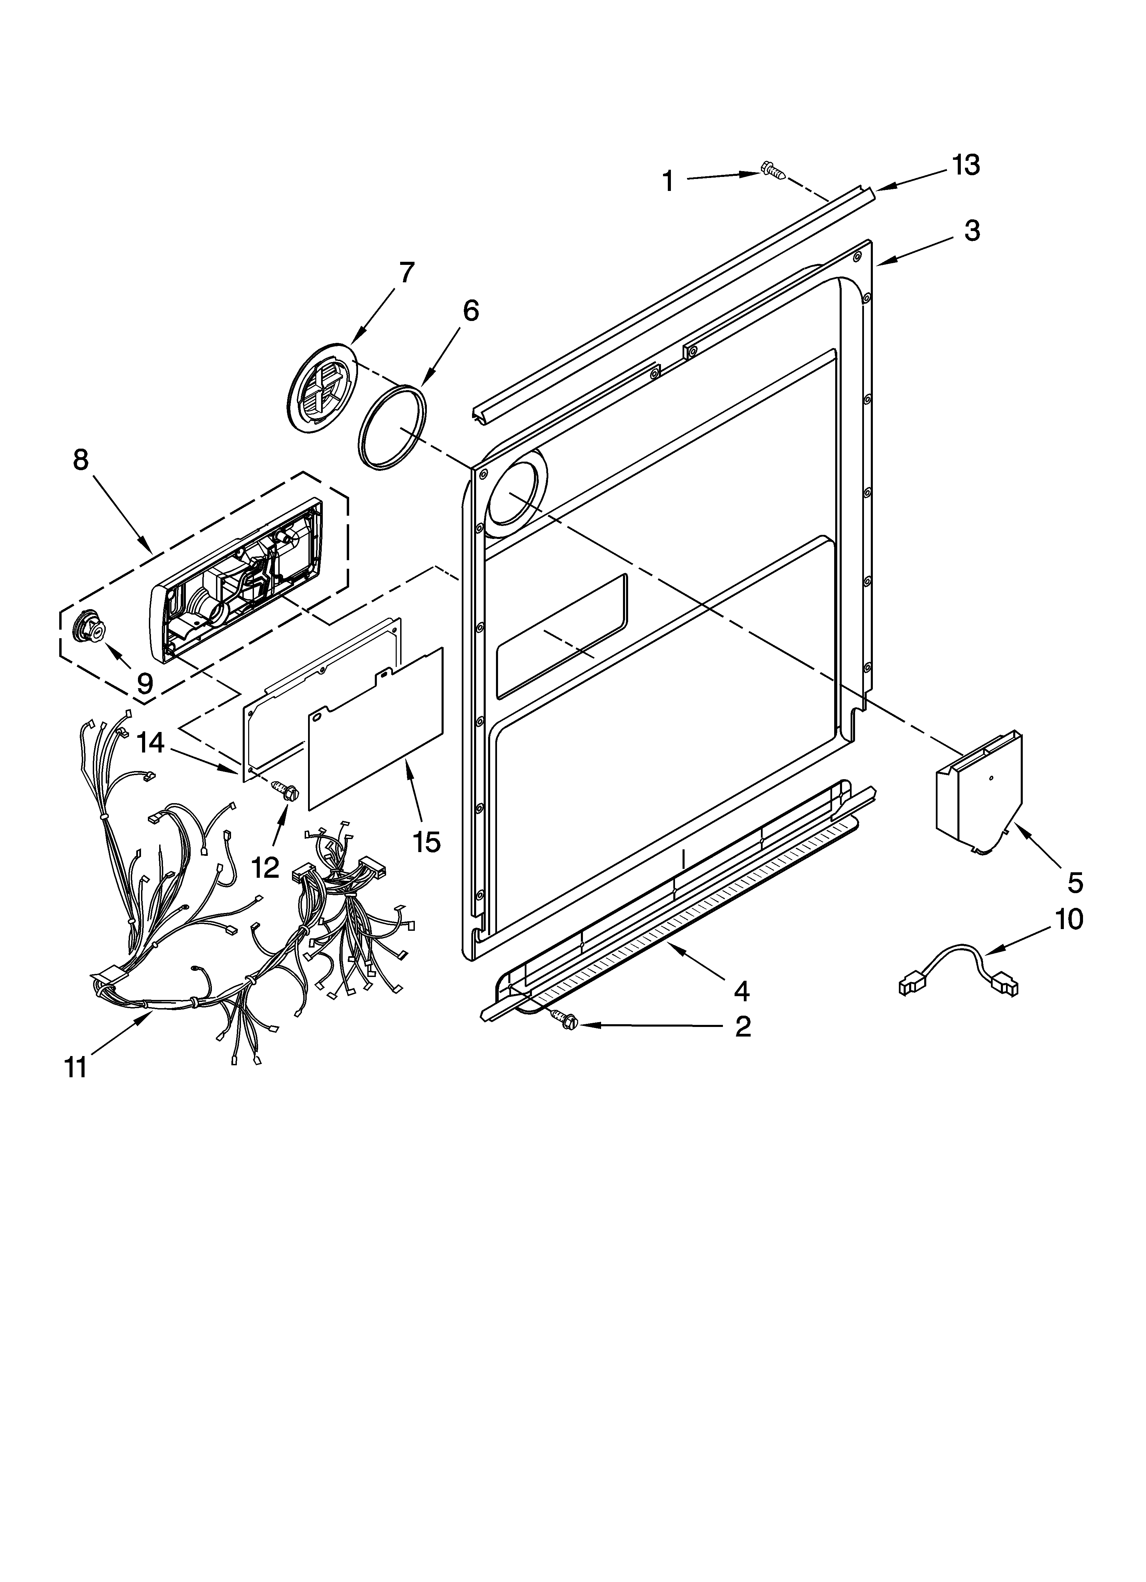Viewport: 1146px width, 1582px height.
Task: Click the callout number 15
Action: tap(426, 842)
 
